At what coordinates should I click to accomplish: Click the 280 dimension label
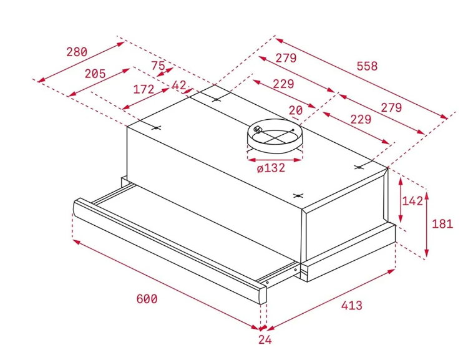[77, 52]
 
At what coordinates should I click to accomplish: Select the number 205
[95, 74]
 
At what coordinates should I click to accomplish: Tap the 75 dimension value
[158, 66]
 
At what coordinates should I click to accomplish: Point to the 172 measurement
[144, 89]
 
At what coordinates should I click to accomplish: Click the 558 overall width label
[366, 66]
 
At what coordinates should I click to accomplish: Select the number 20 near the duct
[296, 110]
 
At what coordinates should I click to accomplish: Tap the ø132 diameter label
[270, 168]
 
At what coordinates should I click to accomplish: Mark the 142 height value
[412, 201]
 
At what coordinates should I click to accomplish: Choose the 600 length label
[147, 299]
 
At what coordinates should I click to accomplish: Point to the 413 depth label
[351, 306]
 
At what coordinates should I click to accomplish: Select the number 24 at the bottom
[265, 340]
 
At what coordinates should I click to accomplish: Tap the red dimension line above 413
[331, 299]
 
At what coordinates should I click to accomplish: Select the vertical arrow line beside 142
[400, 200]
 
